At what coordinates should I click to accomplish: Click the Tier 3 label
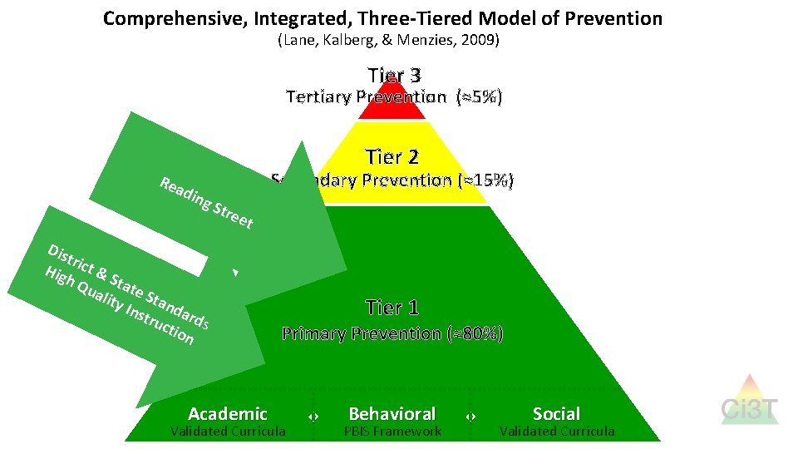click(x=393, y=75)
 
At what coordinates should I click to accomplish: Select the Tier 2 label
click(x=392, y=156)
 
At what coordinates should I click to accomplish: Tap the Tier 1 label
click(x=392, y=308)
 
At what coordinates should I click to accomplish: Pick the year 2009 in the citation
click(x=481, y=40)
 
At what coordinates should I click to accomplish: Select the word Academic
click(x=228, y=413)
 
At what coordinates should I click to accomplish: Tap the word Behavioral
click(x=392, y=413)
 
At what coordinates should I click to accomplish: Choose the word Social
click(x=556, y=413)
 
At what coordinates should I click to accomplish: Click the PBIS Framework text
click(x=392, y=431)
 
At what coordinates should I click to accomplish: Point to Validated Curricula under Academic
click(x=228, y=431)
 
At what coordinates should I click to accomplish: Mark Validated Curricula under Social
click(x=556, y=431)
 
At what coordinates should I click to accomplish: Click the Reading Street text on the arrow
click(x=206, y=203)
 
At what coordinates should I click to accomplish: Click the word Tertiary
click(x=319, y=96)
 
